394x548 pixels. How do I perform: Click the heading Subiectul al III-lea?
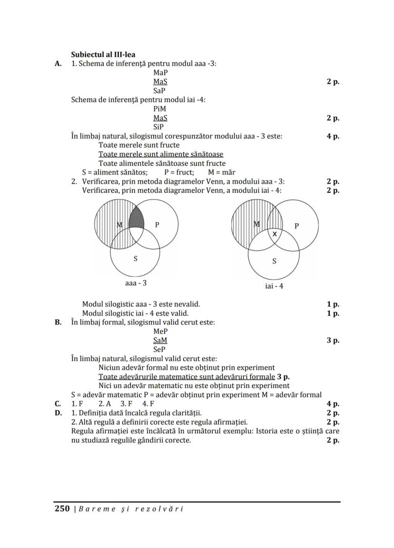(x=103, y=55)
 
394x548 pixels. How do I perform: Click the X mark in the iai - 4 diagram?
(x=275, y=234)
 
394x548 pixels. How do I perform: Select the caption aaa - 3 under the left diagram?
(x=135, y=283)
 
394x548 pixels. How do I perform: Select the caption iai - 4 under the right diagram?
(x=275, y=286)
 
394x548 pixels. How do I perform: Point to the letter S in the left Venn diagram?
(x=136, y=259)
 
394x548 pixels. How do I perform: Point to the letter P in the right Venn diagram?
(x=297, y=226)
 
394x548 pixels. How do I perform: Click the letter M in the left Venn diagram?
(x=119, y=224)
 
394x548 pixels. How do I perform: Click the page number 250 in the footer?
(x=62, y=508)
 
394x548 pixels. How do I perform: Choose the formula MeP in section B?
(x=160, y=331)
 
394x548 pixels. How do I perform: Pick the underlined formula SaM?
(x=160, y=340)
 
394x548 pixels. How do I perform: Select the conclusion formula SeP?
(x=159, y=349)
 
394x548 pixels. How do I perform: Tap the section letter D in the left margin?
(x=58, y=413)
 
